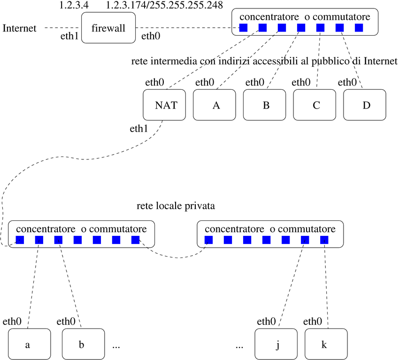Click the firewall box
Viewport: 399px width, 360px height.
pyautogui.click(x=109, y=28)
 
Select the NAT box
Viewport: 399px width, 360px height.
pyautogui.click(x=165, y=105)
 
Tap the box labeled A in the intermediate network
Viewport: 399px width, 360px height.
pyautogui.click(x=216, y=105)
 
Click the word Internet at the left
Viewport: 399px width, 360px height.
pyautogui.click(x=19, y=28)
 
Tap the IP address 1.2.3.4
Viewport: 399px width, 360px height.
pyautogui.click(x=74, y=5)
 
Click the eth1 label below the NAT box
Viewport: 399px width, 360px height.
pyautogui.click(x=139, y=128)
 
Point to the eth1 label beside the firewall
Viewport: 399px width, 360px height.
pyautogui.click(x=69, y=36)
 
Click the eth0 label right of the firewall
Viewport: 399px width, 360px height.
pyautogui.click(x=150, y=36)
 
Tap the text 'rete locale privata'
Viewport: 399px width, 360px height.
pyautogui.click(x=176, y=206)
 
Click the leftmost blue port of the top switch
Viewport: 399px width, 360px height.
pyautogui.click(x=243, y=28)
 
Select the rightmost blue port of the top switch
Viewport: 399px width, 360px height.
pyautogui.click(x=359, y=28)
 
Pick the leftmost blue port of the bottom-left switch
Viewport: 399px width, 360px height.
pyautogui.click(x=20, y=240)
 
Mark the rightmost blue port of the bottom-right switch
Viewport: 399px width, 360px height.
pyautogui.click(x=324, y=240)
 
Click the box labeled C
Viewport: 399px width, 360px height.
pyautogui.click(x=315, y=105)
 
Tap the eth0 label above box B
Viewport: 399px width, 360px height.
pyautogui.click(x=255, y=83)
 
